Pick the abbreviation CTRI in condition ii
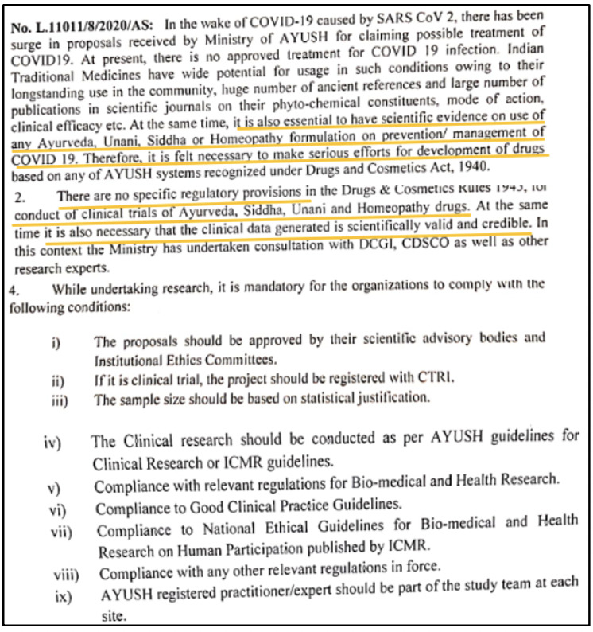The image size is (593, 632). (x=432, y=380)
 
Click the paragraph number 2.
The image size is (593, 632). (x=18, y=193)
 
